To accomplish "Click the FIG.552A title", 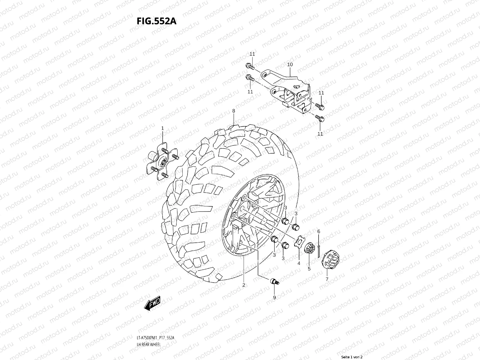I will click(x=156, y=22).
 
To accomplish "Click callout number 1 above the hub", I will click(x=163, y=128).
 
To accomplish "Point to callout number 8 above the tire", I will click(x=234, y=111).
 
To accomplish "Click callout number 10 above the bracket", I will click(x=290, y=64).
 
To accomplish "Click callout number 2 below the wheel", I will click(x=244, y=285).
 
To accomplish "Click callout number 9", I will click(x=274, y=297).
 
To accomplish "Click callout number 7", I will click(x=327, y=279).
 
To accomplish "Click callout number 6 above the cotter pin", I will click(x=319, y=232).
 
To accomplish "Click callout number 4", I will click(x=298, y=263).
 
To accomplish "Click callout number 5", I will click(x=309, y=269).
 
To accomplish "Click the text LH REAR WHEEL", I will click(x=148, y=328).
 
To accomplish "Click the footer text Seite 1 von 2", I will click(x=352, y=357).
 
